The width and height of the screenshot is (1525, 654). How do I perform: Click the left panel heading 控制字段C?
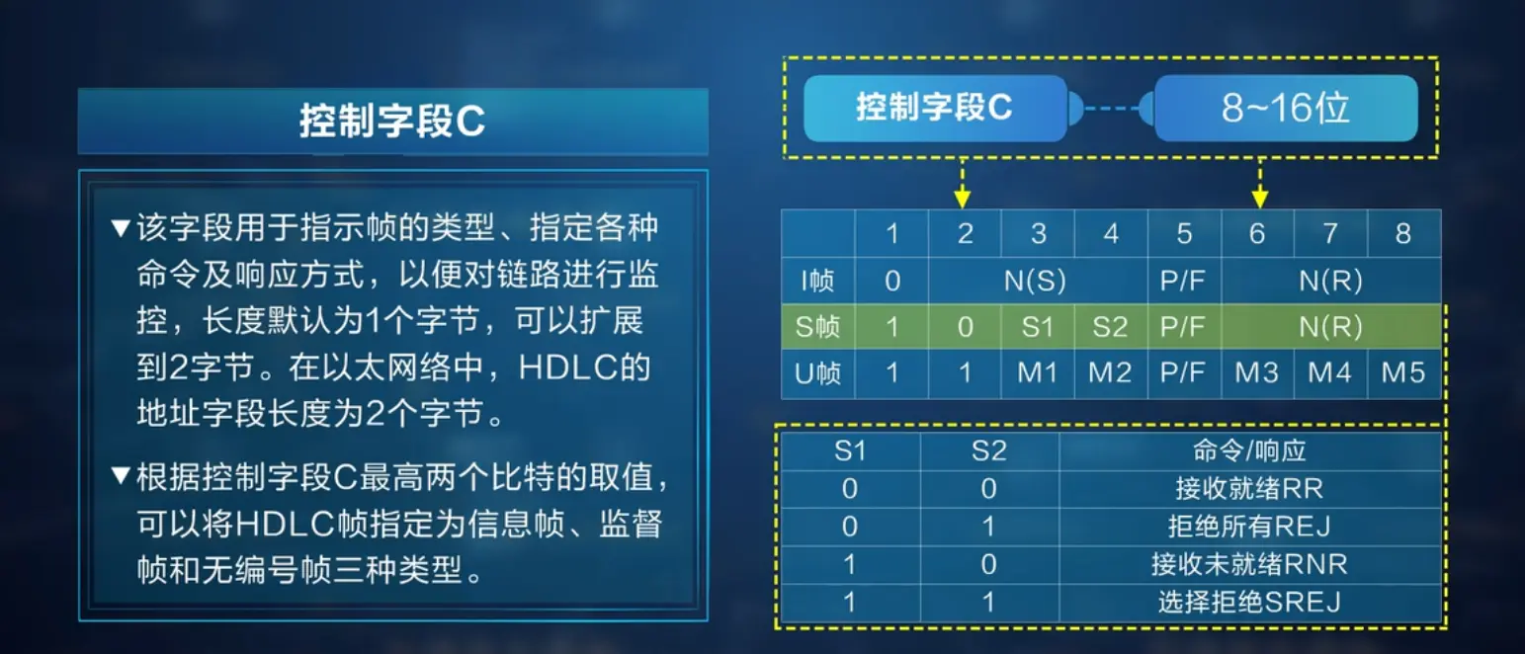392,122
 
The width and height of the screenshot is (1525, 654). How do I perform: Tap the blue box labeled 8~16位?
1286,109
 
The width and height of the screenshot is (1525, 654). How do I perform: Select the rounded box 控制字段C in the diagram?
935,109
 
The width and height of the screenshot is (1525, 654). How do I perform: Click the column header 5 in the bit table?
1184,233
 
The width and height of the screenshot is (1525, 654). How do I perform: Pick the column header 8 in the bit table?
1403,233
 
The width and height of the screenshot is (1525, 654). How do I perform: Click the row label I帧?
817,281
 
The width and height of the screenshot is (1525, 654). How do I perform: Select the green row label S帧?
817,327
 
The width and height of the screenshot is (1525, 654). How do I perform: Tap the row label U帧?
817,372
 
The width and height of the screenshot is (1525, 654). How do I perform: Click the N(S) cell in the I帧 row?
1036,281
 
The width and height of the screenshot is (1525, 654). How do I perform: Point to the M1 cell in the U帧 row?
1038,372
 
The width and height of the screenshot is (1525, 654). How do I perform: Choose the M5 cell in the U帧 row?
1403,372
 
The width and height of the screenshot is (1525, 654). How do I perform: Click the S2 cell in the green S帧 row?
1110,327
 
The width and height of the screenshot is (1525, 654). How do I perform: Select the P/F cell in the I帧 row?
1184,281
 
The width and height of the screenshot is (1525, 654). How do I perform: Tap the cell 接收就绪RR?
1249,489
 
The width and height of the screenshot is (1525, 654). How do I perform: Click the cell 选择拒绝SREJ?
1249,603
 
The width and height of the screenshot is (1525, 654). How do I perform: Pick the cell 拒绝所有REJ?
1249,526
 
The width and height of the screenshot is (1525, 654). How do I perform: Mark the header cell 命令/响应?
1249,450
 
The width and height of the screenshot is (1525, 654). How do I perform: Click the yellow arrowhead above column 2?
962,199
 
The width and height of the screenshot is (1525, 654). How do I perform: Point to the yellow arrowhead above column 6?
1259,199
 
